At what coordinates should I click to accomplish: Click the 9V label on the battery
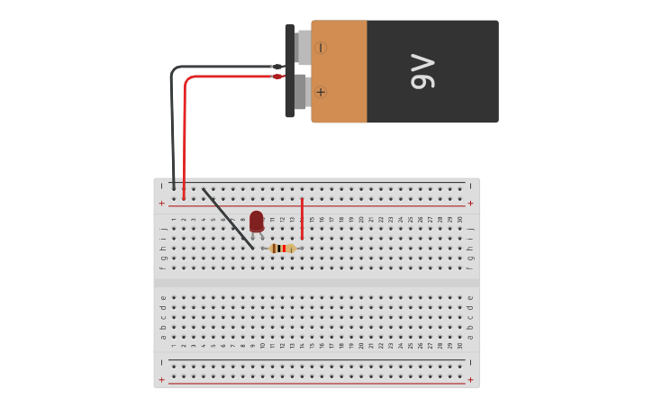pyautogui.click(x=422, y=72)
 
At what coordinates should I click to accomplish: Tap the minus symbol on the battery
pyautogui.click(x=321, y=47)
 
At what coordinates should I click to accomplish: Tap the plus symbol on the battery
pyautogui.click(x=321, y=92)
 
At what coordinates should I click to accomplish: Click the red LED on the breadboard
pyautogui.click(x=257, y=221)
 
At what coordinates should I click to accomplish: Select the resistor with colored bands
pyautogui.click(x=282, y=249)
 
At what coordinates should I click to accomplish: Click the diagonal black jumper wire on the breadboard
pyautogui.click(x=228, y=219)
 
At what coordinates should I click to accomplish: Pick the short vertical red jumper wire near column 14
pyautogui.click(x=302, y=219)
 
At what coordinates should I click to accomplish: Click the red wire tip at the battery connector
pyautogui.click(x=278, y=77)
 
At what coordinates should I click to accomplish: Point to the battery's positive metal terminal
pyautogui.click(x=301, y=92)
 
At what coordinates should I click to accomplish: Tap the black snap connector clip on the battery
pyautogui.click(x=290, y=70)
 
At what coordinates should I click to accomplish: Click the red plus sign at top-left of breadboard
pyautogui.click(x=162, y=203)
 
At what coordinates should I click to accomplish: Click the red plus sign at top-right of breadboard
pyautogui.click(x=470, y=203)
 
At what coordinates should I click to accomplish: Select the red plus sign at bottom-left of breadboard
pyautogui.click(x=162, y=380)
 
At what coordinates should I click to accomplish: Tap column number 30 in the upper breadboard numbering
pyautogui.click(x=460, y=219)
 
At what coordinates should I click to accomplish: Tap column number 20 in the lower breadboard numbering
pyautogui.click(x=361, y=346)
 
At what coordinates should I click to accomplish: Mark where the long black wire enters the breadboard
pyautogui.click(x=174, y=188)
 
